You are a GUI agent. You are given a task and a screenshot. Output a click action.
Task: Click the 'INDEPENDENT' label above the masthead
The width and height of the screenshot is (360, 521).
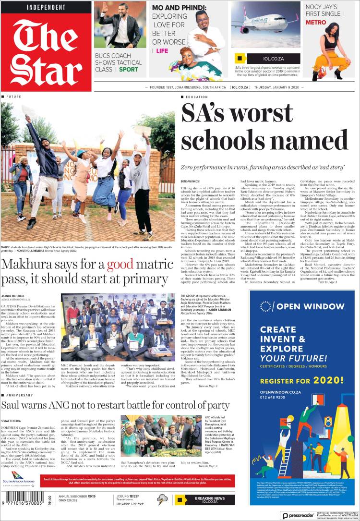tap(46, 7)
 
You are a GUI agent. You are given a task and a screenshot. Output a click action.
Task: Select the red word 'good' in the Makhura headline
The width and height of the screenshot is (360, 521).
tap(120, 266)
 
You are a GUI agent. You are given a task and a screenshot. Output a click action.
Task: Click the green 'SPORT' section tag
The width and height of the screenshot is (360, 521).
tap(128, 70)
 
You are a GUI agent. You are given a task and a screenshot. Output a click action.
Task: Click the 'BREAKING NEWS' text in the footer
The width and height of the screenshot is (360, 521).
tap(210, 498)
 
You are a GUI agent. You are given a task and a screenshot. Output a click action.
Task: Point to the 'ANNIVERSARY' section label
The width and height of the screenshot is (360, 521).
tap(20, 396)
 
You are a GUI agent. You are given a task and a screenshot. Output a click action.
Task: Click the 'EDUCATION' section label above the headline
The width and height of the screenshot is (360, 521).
tap(196, 97)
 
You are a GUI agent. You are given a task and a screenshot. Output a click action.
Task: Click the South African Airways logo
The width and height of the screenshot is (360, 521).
tap(19, 482)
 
